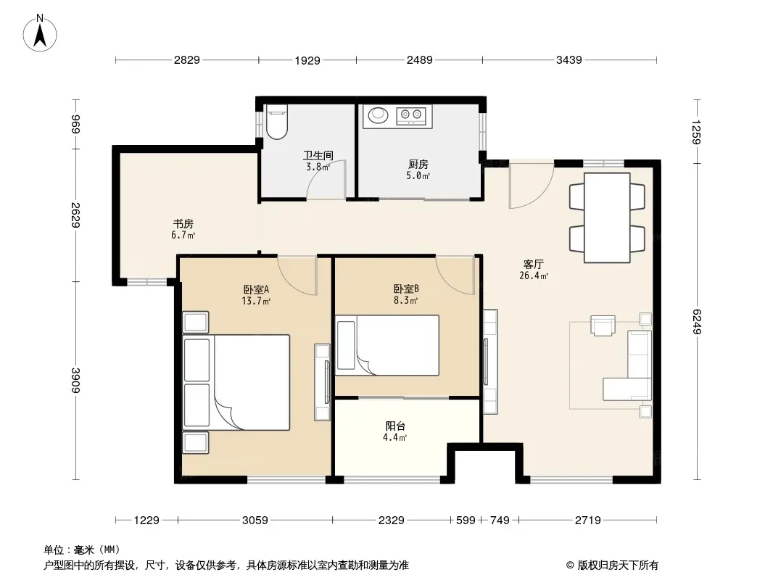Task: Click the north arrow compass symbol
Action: [40, 33]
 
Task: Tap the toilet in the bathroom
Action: [276, 121]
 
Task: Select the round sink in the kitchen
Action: [378, 115]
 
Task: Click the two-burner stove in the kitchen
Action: [412, 115]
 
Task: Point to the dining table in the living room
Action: [607, 217]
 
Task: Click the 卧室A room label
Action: [256, 289]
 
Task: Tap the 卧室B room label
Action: [406, 289]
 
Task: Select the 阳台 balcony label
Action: [395, 426]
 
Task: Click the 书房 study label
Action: [183, 224]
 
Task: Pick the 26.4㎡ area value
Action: [534, 276]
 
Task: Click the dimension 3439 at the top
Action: [569, 60]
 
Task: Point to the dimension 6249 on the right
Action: [697, 321]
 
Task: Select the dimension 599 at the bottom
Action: [466, 520]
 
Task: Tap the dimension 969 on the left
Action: [75, 124]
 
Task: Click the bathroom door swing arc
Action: [326, 179]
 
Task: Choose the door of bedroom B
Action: [455, 275]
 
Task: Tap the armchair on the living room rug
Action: [603, 326]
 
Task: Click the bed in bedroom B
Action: [387, 345]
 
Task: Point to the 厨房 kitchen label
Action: [418, 164]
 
